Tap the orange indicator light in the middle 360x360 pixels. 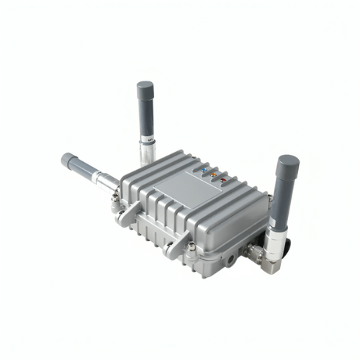(213, 176)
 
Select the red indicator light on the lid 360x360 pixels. (222, 179)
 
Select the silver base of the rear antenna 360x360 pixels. (147, 151)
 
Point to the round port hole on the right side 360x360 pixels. (232, 256)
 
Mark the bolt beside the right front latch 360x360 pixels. (192, 248)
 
